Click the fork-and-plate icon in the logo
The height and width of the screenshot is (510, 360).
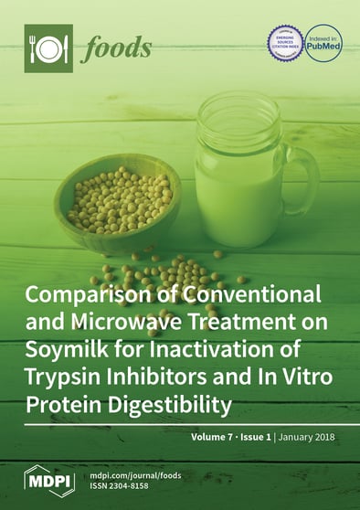[48, 48]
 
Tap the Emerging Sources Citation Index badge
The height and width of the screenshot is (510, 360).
[285, 43]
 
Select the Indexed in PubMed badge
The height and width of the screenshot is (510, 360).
[323, 43]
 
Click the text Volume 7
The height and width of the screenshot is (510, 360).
[214, 437]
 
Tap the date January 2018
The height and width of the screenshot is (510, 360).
[317, 437]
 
